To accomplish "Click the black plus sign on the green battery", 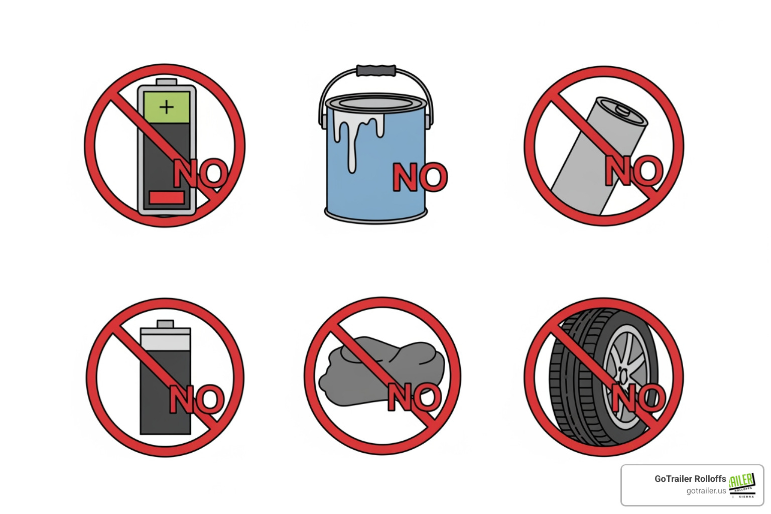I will (x=166, y=107).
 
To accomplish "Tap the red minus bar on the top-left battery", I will (x=166, y=197).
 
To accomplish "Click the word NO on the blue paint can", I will (x=420, y=177).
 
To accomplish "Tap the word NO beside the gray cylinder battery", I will (x=633, y=171).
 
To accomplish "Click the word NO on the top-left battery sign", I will (x=200, y=174).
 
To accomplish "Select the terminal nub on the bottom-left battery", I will (x=165, y=324).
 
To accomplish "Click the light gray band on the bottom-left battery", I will (x=165, y=340).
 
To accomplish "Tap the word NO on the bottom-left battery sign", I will (x=196, y=400).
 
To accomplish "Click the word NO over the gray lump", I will (x=415, y=397).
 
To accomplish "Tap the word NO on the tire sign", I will (x=637, y=398).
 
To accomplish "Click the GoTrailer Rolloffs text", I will (x=690, y=479).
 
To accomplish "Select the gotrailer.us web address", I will (x=706, y=491).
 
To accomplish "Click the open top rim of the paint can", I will (x=376, y=102).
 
